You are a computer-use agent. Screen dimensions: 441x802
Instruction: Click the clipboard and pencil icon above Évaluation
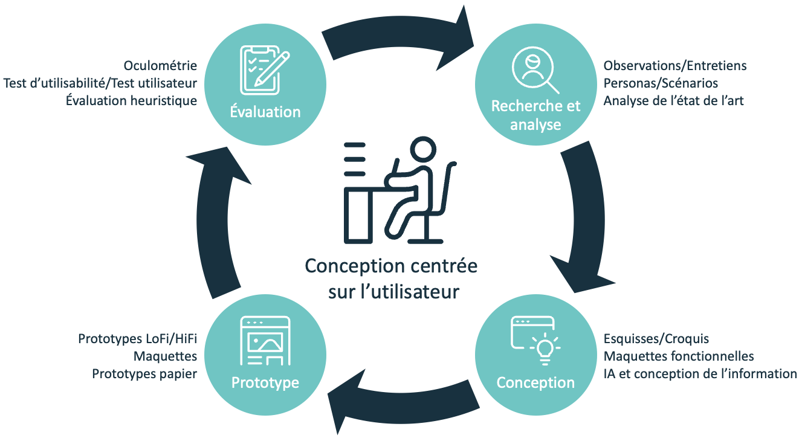coord(265,70)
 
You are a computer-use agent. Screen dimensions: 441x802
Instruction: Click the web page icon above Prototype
coord(265,342)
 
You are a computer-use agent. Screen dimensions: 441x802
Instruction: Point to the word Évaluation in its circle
coord(265,112)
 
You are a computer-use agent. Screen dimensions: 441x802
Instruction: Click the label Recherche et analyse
coord(535,115)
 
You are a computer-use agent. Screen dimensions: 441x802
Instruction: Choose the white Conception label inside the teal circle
coord(535,383)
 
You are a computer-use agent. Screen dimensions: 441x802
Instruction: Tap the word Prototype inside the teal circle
coord(265,383)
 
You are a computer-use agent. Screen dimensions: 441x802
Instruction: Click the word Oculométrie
coord(160,65)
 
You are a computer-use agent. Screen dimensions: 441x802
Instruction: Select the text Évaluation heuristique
coord(131,101)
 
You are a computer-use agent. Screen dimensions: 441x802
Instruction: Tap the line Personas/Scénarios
coord(661,83)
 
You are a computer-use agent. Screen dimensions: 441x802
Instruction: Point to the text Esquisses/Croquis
coord(656,339)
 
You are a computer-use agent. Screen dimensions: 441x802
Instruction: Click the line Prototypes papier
coord(144,375)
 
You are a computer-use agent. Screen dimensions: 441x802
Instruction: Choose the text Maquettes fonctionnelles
coord(679,356)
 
